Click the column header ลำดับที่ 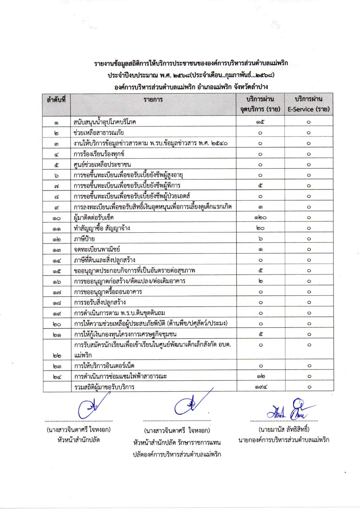(x=56, y=99)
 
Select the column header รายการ (x=153, y=100)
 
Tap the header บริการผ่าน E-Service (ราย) (x=308, y=104)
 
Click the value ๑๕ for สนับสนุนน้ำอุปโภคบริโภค (x=260, y=122)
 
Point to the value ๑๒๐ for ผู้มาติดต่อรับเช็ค (x=260, y=218)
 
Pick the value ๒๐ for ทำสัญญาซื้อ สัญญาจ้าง (x=260, y=228)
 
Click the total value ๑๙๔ (x=260, y=387)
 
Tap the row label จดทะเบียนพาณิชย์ (x=97, y=249)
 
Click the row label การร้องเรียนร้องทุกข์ (x=99, y=154)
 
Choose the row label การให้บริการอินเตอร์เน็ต (x=104, y=366)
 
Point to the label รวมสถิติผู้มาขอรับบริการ (x=104, y=387)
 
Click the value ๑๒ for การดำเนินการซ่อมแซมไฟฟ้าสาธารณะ (x=260, y=376)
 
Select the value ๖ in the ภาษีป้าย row (x=260, y=239)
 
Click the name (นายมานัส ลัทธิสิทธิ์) (x=284, y=429)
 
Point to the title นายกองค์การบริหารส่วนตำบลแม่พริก (x=284, y=440)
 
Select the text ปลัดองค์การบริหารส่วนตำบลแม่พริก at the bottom (x=177, y=454)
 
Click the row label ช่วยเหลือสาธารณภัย (x=99, y=133)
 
